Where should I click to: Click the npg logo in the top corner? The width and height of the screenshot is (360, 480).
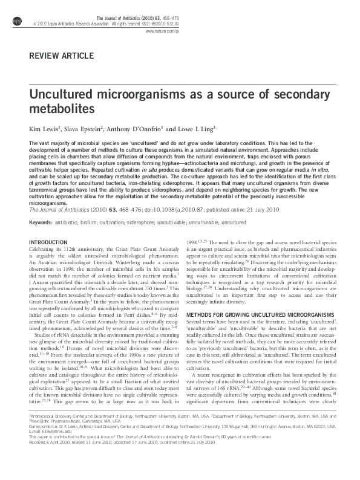click(x=16, y=22)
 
